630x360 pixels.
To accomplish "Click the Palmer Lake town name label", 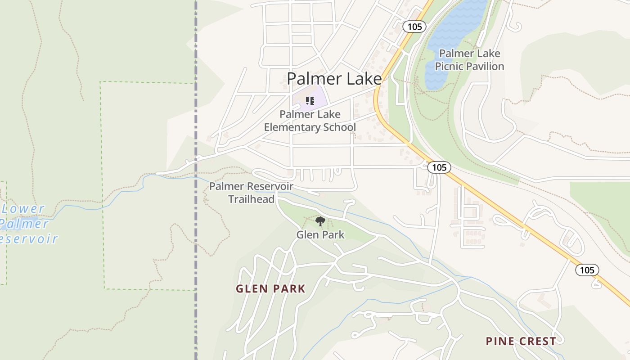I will [334, 79].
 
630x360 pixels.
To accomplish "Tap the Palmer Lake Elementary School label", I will [310, 121].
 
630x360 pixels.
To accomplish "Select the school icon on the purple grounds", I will [310, 100].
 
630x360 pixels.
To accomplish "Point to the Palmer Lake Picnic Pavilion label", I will [469, 60].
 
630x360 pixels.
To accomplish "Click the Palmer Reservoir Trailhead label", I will [251, 193].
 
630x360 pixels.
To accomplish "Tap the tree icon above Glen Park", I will [320, 221].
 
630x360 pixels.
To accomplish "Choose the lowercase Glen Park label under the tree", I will [320, 234].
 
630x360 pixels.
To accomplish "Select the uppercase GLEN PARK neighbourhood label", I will [270, 289].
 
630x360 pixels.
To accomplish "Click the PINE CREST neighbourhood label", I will [521, 341].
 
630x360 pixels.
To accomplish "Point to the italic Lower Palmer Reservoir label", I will [27, 224].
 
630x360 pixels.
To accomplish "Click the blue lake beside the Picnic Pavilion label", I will [454, 27].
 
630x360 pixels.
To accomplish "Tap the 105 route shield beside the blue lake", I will [414, 27].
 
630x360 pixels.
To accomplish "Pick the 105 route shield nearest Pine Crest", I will [587, 270].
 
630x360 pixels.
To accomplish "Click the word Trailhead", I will [251, 199].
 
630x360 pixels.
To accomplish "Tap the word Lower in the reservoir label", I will [23, 209].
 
